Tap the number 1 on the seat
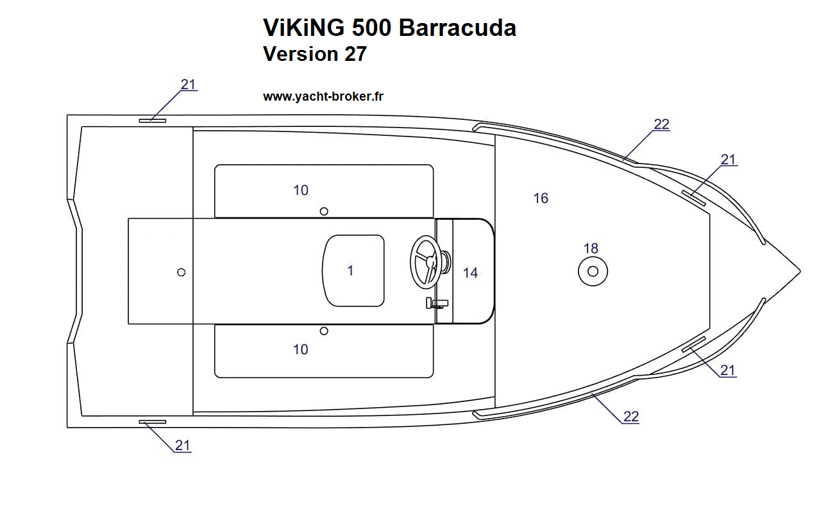point(350,271)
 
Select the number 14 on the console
point(470,273)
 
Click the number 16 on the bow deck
point(541,198)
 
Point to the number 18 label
point(591,248)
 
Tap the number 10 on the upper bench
point(301,190)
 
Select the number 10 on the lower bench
point(301,349)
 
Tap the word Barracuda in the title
point(457,28)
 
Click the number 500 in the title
point(371,28)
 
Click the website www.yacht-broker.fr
point(323,96)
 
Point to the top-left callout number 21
point(188,85)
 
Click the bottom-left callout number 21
point(183,446)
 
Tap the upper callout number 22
point(661,124)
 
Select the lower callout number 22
point(631,417)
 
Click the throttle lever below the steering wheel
point(437,303)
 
